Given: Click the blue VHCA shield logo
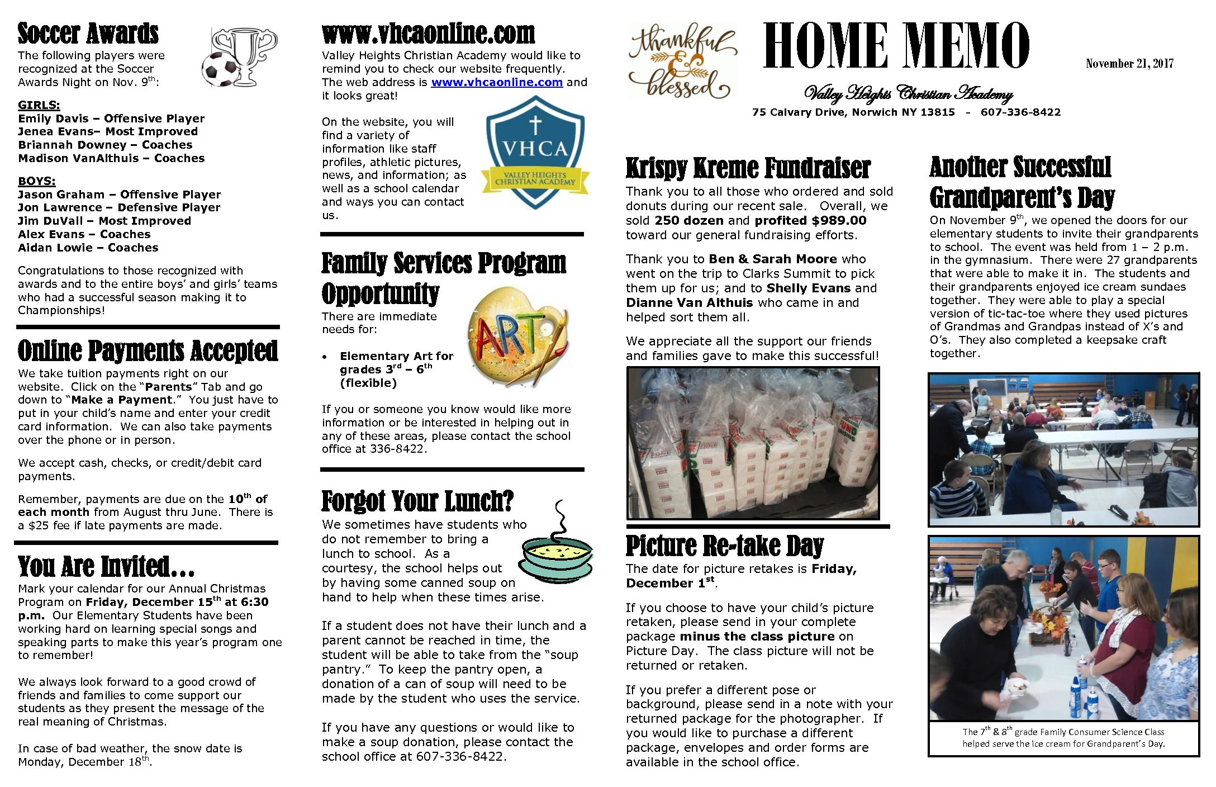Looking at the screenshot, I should click(535, 152).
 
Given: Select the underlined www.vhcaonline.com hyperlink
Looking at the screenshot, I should click(497, 83).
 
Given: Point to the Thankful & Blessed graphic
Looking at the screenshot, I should click(682, 61).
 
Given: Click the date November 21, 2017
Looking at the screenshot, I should click(1129, 64).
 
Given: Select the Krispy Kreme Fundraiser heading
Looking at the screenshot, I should click(748, 168).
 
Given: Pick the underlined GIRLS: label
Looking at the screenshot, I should click(39, 105).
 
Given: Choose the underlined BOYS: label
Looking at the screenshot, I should click(37, 181).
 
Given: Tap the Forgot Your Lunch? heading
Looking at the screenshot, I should click(417, 501).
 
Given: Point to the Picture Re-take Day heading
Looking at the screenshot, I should click(724, 546).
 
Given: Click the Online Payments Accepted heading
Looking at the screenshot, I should click(148, 351).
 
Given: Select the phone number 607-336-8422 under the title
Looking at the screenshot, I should click(1020, 112).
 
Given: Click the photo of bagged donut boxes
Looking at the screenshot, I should click(753, 443).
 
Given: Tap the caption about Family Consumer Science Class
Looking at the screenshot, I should click(1063, 738).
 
